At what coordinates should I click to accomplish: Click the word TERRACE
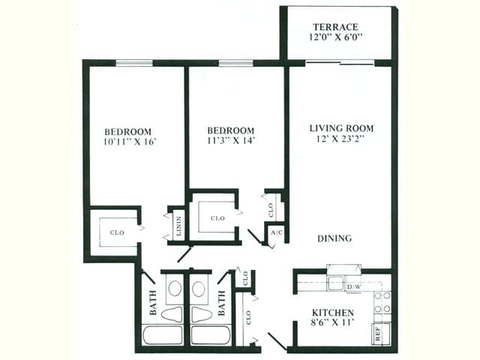point(336,26)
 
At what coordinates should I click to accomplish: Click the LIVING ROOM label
point(341,128)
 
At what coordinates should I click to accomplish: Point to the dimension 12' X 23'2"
point(341,139)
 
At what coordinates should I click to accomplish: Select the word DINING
point(334,238)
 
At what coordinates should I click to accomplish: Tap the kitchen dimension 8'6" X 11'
point(332,322)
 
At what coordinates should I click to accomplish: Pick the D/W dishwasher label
point(353,286)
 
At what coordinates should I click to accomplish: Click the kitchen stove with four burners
point(382,301)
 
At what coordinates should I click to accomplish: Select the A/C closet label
point(275,233)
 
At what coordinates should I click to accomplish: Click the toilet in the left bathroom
point(172,313)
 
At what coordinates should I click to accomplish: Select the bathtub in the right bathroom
point(210,334)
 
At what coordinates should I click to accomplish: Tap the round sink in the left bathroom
point(174,289)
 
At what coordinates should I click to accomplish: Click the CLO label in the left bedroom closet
point(117,232)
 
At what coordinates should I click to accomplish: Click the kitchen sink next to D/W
point(334,284)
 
